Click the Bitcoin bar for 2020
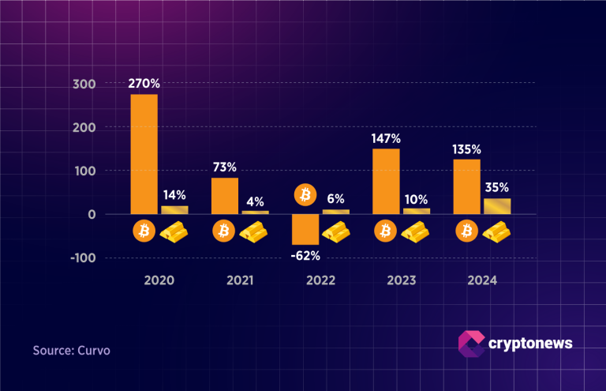144,154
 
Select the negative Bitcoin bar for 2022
305,229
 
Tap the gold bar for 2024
497,206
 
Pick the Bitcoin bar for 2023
386,181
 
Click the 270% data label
144,81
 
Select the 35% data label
497,188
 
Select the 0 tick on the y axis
92,214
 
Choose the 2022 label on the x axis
320,280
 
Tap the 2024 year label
481,280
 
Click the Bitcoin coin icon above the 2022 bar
305,194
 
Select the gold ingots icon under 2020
174,231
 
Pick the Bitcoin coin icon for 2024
466,231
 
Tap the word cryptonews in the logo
531,343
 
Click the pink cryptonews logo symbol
471,343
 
